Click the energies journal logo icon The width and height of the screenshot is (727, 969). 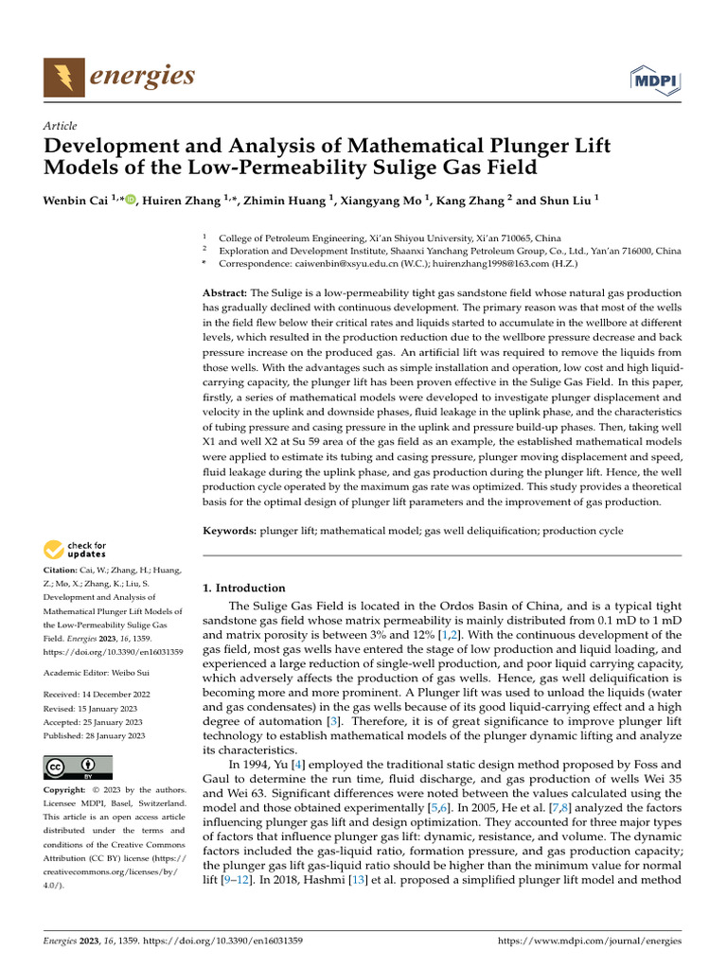[x=62, y=76]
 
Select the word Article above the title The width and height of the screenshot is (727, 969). [x=61, y=126]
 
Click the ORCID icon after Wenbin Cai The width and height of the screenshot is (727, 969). [x=129, y=199]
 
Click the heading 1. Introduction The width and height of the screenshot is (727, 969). [x=244, y=588]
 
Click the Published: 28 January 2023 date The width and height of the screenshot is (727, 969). [x=95, y=735]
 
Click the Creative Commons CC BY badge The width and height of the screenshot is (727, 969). [x=79, y=766]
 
